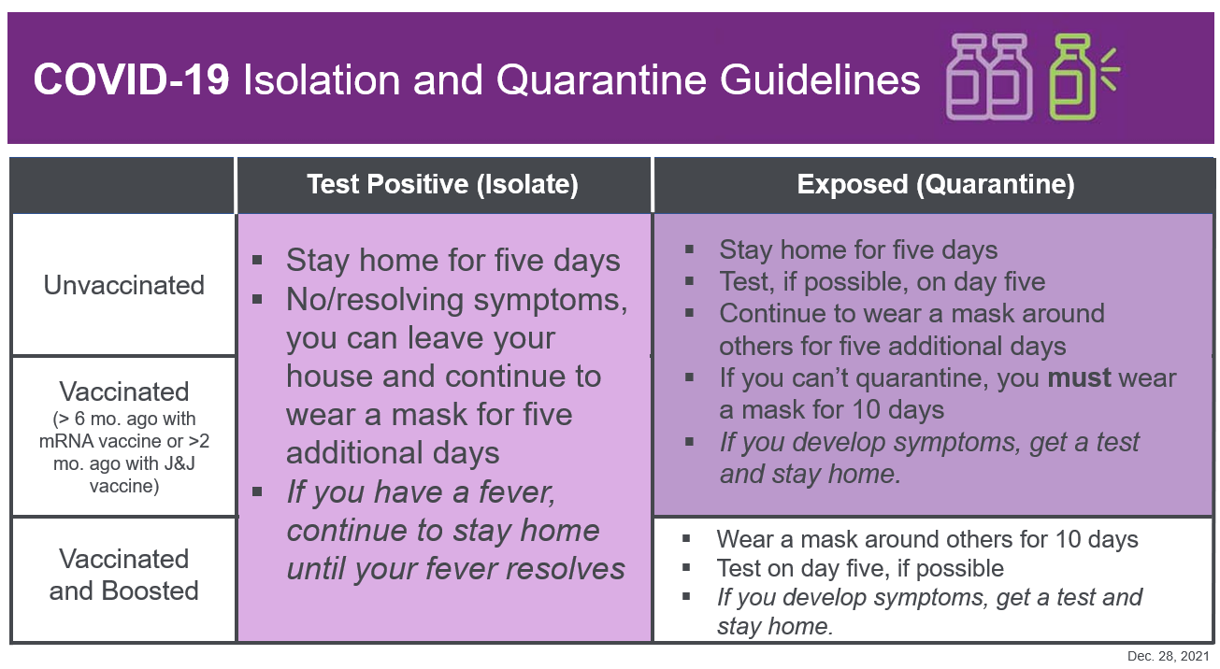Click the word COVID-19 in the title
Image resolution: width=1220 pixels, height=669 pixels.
[x=131, y=80]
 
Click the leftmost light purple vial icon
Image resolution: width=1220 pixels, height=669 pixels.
[x=967, y=78]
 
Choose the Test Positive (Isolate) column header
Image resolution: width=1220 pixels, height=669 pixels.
[x=442, y=185]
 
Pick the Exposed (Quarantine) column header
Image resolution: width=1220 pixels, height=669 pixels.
[x=935, y=185]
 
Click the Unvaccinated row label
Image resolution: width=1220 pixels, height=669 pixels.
[x=123, y=285]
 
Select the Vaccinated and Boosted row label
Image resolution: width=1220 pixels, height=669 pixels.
[x=123, y=575]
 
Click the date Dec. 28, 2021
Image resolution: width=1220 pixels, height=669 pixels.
[x=1168, y=657]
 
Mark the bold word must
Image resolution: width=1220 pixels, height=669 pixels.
[x=1079, y=378]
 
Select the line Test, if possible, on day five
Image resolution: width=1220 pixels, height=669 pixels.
[x=882, y=281]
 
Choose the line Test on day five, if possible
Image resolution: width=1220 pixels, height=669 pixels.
[x=859, y=568]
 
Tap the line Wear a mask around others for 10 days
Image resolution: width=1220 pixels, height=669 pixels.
[x=926, y=539]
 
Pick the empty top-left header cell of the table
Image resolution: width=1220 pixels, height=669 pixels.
[x=122, y=185]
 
